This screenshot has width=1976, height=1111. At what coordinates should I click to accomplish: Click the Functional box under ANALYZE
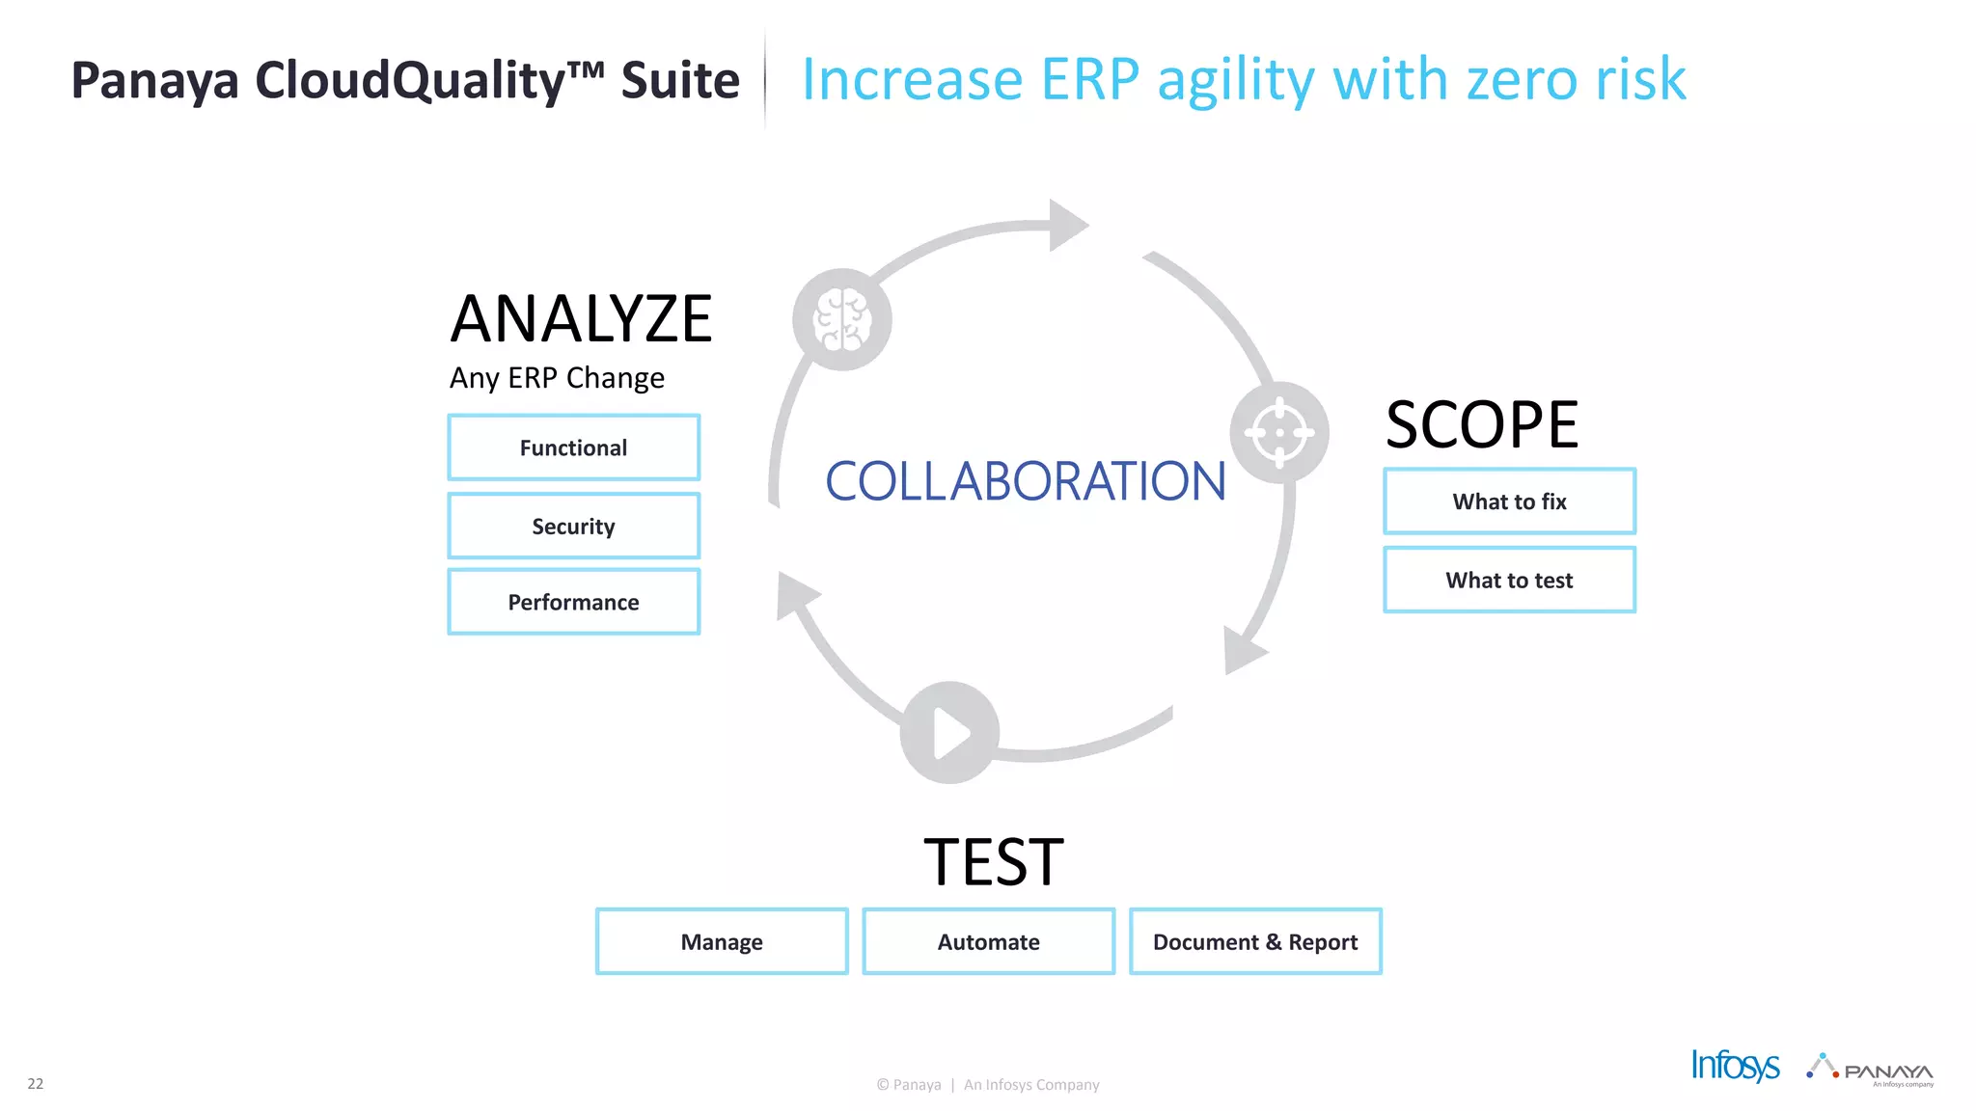point(573,447)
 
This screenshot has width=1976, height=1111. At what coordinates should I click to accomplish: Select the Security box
point(573,526)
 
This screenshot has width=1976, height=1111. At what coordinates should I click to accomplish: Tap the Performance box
point(573,602)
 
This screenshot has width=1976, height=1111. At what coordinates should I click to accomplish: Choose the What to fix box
point(1509,501)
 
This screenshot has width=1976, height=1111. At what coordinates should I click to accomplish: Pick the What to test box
point(1509,580)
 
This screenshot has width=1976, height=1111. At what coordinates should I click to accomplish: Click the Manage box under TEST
point(722,941)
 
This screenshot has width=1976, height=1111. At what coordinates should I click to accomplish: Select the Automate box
point(988,941)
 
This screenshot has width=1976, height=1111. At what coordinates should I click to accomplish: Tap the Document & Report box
point(1254,941)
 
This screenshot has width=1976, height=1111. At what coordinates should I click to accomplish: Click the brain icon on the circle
point(842,320)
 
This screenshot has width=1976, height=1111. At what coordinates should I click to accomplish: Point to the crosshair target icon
point(1279,433)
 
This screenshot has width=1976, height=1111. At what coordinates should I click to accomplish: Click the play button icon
point(949,733)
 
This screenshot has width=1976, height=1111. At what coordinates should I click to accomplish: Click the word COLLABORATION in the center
point(1025,481)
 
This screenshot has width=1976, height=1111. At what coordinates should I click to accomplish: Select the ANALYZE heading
point(581,319)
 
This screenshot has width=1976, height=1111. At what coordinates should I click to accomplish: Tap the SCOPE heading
point(1482,425)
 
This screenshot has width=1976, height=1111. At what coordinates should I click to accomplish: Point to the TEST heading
point(993,861)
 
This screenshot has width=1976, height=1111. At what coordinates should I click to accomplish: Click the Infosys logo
point(1735,1066)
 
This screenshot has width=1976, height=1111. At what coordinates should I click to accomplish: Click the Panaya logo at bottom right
point(1872,1070)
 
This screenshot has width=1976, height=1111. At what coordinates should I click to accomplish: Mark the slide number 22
point(36,1083)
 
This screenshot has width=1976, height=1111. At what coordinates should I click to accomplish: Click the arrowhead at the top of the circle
point(1067,226)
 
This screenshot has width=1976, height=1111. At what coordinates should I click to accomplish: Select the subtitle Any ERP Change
point(557,378)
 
